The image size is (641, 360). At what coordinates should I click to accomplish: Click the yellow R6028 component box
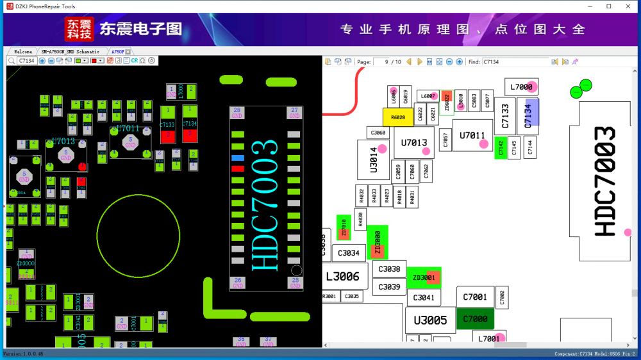tap(397, 117)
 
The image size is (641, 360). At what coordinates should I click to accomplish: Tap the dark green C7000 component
tap(475, 319)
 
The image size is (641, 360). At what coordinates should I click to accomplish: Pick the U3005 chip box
tap(430, 320)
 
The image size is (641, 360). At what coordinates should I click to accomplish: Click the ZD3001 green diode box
tap(424, 277)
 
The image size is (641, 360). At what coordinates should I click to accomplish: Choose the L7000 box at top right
tap(522, 87)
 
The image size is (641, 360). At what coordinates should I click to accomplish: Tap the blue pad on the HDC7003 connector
tap(238, 158)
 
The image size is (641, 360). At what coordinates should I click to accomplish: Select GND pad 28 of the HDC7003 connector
tap(237, 113)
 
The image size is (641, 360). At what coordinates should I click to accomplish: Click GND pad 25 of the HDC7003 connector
tap(295, 282)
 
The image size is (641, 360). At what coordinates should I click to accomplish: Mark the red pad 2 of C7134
tap(189, 135)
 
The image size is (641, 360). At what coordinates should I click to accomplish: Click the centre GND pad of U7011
tap(131, 141)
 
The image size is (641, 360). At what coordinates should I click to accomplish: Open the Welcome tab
tap(22, 51)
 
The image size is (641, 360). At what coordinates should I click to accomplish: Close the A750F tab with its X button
tap(128, 51)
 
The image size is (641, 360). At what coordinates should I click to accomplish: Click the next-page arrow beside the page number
tap(420, 61)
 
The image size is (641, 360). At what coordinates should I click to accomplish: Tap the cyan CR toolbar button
tap(135, 61)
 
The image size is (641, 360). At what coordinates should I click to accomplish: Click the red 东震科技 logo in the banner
tap(79, 29)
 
